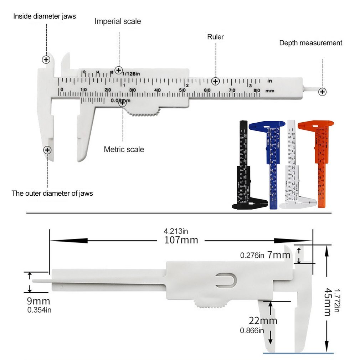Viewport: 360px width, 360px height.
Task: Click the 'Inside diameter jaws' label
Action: click(45, 16)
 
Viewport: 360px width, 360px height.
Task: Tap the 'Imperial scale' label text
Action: click(118, 21)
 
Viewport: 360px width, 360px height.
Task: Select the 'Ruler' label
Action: click(215, 37)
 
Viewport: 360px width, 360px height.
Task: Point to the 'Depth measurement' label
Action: click(310, 43)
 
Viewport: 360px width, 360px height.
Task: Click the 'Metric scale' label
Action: click(124, 149)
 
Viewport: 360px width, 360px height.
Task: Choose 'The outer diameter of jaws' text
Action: click(52, 194)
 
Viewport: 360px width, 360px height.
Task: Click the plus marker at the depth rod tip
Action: click(323, 92)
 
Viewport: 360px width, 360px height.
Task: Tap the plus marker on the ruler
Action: click(215, 81)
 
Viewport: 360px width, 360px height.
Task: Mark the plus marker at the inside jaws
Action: click(46, 60)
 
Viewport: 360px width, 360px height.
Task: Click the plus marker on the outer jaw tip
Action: click(47, 150)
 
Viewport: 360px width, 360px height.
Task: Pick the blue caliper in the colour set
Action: click(271, 160)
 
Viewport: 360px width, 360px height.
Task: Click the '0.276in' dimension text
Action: click(252, 255)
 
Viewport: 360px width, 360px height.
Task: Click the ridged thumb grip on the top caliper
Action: click(143, 115)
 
